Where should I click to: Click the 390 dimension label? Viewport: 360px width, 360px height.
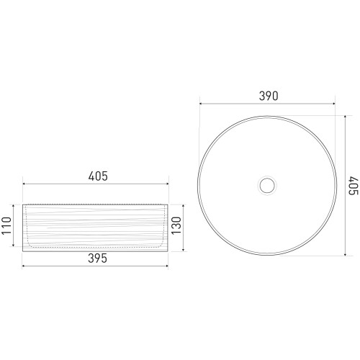(x=269, y=96)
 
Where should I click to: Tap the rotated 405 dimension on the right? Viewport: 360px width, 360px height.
(x=354, y=186)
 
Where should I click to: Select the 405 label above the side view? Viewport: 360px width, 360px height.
(x=98, y=176)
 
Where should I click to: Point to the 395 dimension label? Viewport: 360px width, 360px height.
(x=97, y=258)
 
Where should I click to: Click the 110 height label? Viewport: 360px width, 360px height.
(x=6, y=226)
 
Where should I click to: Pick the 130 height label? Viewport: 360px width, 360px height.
(x=176, y=226)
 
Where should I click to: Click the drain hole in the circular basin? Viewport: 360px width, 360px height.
(x=267, y=185)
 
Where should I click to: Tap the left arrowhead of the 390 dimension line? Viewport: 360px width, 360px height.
(x=202, y=104)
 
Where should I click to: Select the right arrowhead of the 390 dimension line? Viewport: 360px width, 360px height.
(x=333, y=104)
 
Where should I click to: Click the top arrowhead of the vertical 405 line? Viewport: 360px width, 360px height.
(x=345, y=117)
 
